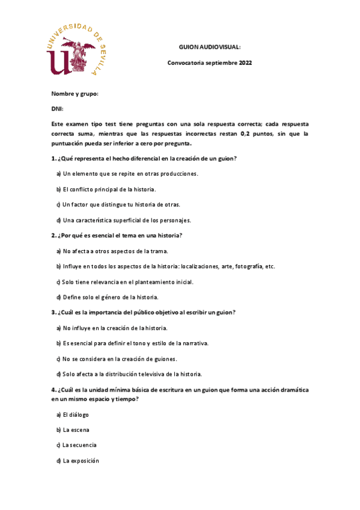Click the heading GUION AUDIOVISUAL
[x=210, y=47]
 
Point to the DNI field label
[x=57, y=109]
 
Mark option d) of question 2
[x=107, y=297]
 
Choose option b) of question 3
[x=132, y=343]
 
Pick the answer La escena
[x=75, y=430]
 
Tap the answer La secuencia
[x=79, y=445]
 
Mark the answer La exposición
[x=81, y=461]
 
